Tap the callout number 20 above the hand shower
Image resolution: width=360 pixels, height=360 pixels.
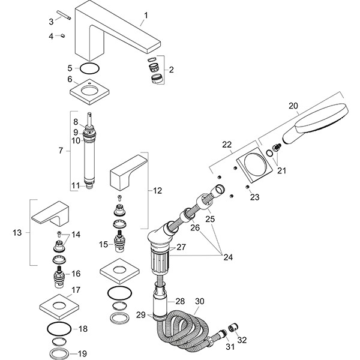pos(293,106)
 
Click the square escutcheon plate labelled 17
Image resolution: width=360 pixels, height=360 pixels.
pos(61,307)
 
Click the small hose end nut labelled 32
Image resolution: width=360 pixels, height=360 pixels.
pos(233,326)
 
